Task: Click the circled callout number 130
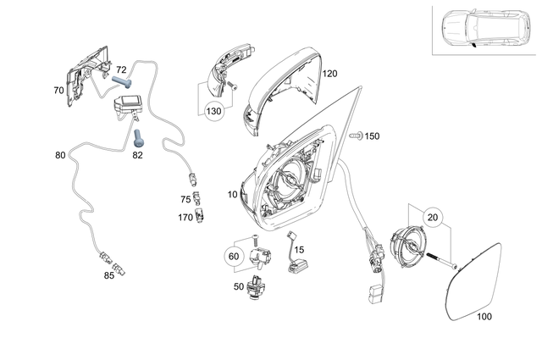[x=213, y=111]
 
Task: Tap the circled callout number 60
[x=234, y=255]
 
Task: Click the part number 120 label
[x=329, y=75]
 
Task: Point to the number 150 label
[x=372, y=136]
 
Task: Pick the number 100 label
[x=484, y=318]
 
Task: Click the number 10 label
[x=232, y=195]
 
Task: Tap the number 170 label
[x=185, y=217]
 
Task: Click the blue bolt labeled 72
[x=124, y=82]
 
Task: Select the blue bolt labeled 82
[x=136, y=133]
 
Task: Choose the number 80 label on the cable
[x=60, y=156]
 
